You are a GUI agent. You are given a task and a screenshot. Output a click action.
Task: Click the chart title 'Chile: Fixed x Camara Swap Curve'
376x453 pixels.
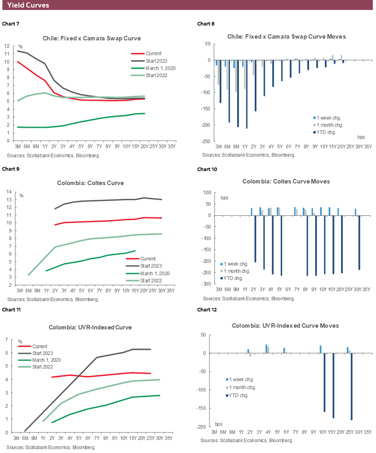click(x=92, y=39)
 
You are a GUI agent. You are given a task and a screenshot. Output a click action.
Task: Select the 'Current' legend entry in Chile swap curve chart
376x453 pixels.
click(x=153, y=53)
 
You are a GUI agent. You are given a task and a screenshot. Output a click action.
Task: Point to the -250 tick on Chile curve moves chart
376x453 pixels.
click(x=206, y=141)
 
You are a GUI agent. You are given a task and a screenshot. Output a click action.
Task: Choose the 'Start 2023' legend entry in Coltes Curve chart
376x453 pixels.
click(x=150, y=266)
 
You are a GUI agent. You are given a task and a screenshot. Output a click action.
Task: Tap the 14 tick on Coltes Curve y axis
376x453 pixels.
click(x=9, y=192)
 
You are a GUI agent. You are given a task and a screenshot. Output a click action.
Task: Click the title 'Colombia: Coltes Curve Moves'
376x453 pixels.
click(x=286, y=181)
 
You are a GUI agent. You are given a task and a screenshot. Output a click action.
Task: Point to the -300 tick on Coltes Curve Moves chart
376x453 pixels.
click(x=206, y=284)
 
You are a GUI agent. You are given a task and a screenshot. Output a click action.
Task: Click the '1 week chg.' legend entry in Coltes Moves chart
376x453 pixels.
click(x=237, y=264)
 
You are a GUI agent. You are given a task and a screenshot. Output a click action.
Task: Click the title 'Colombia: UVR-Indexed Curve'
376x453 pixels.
click(x=90, y=327)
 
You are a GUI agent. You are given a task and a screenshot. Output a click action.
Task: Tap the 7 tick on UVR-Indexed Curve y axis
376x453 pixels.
click(x=6, y=340)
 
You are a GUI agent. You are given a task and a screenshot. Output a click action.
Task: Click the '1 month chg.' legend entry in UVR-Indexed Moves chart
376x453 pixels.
click(x=243, y=387)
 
